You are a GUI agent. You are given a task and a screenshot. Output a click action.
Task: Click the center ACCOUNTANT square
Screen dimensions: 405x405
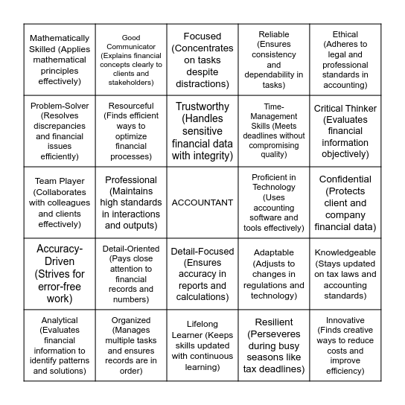pos(202,202)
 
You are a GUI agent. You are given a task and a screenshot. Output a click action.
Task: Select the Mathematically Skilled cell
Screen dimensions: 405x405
pos(60,60)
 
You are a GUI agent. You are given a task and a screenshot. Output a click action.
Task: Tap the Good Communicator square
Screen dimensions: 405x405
pos(131,60)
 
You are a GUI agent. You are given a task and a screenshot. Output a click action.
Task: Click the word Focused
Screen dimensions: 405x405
pos(202,36)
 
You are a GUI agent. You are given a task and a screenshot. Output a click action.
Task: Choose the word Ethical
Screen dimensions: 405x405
pos(345,34)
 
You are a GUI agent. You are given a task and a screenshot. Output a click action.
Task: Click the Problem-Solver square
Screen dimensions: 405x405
pos(60,131)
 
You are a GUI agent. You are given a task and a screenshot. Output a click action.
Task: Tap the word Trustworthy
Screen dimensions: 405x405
pos(202,106)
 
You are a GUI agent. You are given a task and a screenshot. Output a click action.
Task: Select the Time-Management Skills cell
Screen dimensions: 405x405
pos(274,131)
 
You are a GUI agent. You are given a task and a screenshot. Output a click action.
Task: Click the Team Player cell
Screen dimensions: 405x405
pos(60,202)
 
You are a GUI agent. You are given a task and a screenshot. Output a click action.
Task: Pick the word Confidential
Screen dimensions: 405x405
pos(345,179)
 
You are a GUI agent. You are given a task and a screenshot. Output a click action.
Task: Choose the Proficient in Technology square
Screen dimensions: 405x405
pos(274,202)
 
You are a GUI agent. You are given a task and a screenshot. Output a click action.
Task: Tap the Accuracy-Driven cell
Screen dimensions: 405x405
pos(60,274)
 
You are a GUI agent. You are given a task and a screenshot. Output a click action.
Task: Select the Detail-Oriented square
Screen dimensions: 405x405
pos(131,274)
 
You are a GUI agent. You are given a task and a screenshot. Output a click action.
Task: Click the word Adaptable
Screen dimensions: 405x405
pos(274,252)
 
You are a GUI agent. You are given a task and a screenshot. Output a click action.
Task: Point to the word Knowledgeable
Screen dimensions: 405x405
pos(345,252)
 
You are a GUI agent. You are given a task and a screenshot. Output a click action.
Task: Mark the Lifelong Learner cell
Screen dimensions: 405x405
pos(202,345)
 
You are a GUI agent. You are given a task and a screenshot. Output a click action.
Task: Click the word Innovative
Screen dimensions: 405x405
pos(345,320)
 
